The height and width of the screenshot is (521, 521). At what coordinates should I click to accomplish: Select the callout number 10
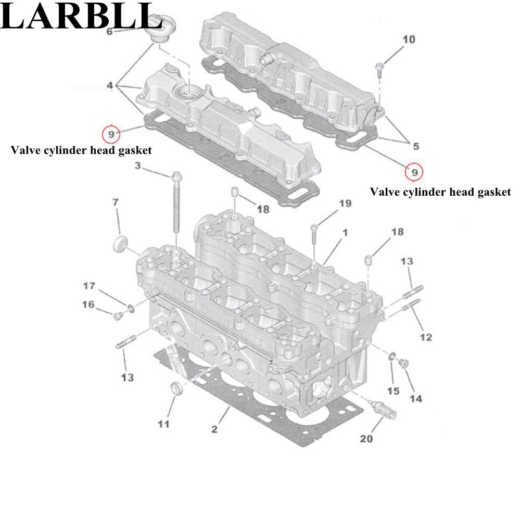[409, 40]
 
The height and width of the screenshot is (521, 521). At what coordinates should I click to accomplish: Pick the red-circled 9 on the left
[111, 134]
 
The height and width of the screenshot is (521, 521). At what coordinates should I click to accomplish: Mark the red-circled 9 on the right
[414, 171]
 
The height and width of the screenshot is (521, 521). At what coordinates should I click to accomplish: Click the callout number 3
[138, 166]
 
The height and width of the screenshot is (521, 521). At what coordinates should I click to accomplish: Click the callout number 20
[366, 439]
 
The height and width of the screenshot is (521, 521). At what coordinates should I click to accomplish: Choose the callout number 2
[214, 429]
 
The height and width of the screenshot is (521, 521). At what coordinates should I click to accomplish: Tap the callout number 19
[346, 204]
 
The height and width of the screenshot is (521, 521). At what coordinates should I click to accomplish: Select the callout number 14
[415, 399]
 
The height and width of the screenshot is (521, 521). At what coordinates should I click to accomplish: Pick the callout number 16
[88, 304]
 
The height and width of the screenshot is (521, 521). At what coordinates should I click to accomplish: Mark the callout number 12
[426, 337]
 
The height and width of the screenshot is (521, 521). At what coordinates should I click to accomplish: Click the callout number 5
[416, 146]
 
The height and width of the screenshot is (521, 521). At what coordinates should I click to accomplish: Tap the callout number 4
[110, 85]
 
